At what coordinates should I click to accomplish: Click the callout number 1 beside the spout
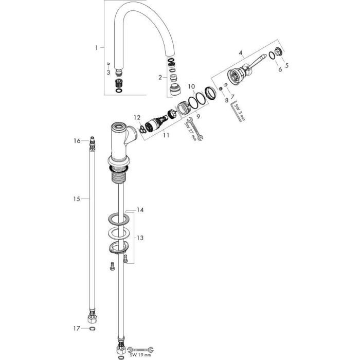coord(97,48)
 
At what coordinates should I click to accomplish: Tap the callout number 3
coord(108,73)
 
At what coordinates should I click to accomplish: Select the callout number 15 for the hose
coord(77,199)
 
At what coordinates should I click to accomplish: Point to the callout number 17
coord(77,329)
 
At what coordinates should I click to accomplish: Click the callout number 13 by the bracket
coord(140,238)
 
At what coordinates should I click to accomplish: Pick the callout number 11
coord(166,135)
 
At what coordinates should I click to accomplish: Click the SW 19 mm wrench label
coord(140,355)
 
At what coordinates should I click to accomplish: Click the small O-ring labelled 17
coord(92,329)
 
